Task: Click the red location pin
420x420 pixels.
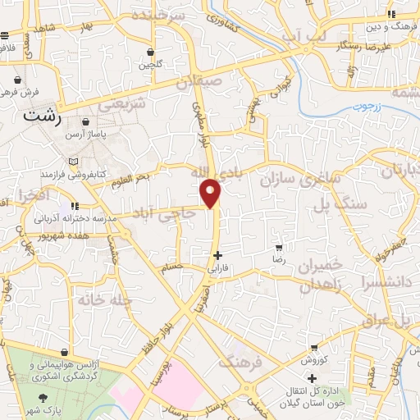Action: coord(212,194)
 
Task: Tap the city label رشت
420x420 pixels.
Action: coord(42,116)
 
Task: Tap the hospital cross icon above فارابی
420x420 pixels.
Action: coord(217,255)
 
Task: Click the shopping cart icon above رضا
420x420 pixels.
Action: coord(280,248)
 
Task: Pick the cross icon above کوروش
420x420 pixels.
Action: coord(313,348)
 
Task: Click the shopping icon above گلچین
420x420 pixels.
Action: coord(150,50)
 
